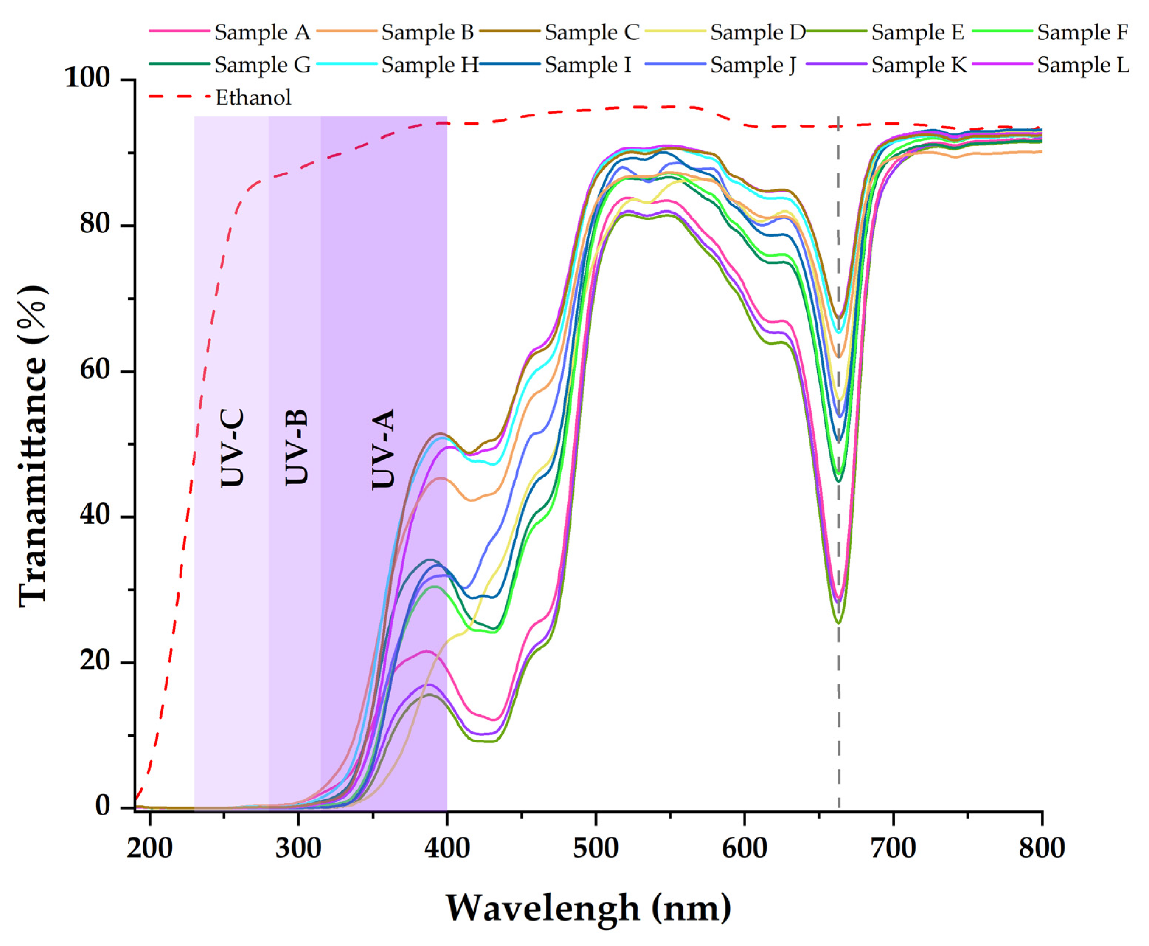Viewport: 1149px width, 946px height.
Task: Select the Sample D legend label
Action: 757,33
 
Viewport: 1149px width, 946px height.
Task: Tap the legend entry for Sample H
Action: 429,65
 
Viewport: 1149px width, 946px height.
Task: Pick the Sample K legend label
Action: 919,65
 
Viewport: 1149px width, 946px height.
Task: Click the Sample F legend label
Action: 1082,33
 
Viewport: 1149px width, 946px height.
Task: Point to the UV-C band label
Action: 233,448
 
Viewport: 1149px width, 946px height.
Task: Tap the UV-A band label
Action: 383,449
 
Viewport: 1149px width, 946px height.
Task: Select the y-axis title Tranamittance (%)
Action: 33,444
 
